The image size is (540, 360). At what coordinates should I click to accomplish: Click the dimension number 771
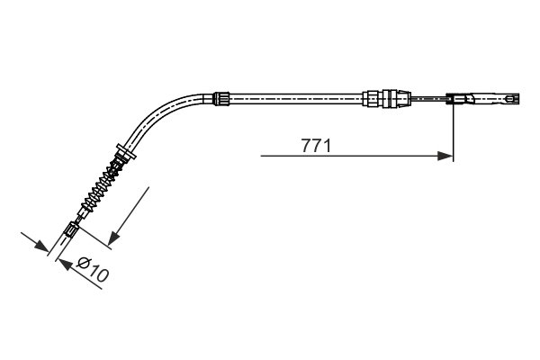[x=316, y=146]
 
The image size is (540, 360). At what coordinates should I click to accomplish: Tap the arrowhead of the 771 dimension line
[x=445, y=156]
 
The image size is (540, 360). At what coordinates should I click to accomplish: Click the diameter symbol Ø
[x=84, y=264]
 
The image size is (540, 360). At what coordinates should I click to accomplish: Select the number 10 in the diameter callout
[x=98, y=274]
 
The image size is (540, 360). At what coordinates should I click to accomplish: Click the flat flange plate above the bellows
[x=126, y=152]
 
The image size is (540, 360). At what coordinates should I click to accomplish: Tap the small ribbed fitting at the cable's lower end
[x=72, y=229]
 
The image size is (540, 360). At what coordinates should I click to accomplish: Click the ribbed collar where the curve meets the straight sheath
[x=220, y=98]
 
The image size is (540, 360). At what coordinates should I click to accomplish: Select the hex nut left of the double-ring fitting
[x=371, y=98]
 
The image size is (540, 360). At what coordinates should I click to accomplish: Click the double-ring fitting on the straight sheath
[x=390, y=98]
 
